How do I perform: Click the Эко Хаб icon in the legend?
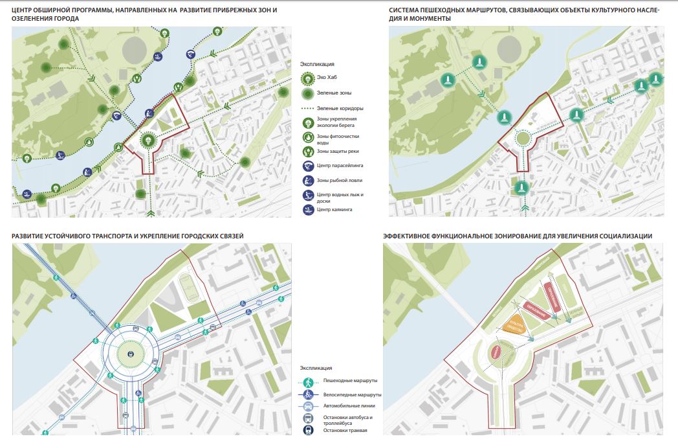[308, 78]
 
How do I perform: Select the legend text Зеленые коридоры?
[340, 108]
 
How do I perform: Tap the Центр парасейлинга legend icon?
[308, 166]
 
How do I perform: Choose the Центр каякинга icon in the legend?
[308, 209]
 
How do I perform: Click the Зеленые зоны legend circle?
[308, 93]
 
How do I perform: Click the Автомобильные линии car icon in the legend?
[308, 406]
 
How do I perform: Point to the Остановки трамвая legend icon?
[308, 431]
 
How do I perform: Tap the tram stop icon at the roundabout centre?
[131, 354]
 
